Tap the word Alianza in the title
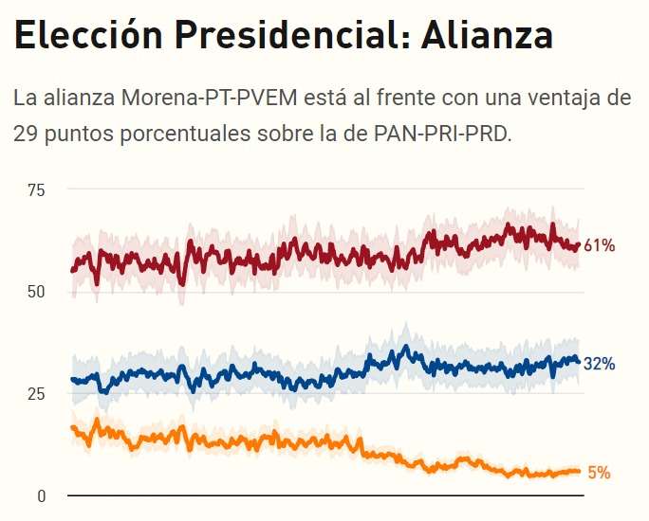pyautogui.click(x=487, y=35)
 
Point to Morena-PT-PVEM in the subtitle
pyautogui.click(x=210, y=98)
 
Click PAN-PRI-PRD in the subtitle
pyautogui.click(x=443, y=134)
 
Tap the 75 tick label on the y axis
pyautogui.click(x=36, y=190)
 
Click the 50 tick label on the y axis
pyautogui.click(x=36, y=292)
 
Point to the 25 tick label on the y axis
pyautogui.click(x=36, y=394)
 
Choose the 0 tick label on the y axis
pyautogui.click(x=41, y=496)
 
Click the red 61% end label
pyautogui.click(x=600, y=246)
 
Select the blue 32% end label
pyautogui.click(x=600, y=364)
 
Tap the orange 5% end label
pyautogui.click(x=599, y=473)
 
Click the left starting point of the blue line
pyautogui.click(x=72, y=379)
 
